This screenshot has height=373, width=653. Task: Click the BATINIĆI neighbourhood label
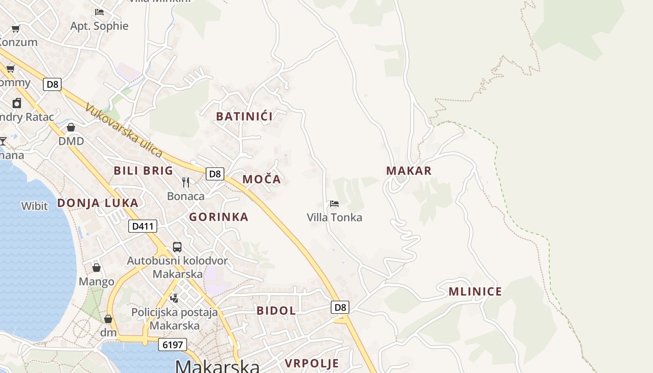point(244,116)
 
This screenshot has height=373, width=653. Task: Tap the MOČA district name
point(262,179)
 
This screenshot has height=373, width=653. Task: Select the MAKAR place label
point(409,171)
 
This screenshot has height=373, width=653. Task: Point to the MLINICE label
point(475,292)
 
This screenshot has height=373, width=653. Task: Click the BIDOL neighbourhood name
point(276,311)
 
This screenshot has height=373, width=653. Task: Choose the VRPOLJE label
point(312,363)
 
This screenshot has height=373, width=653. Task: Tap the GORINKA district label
point(219,217)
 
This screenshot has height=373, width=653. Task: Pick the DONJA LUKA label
point(98,203)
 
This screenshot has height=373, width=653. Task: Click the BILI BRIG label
point(144,171)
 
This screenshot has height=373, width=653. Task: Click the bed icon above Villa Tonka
point(334,204)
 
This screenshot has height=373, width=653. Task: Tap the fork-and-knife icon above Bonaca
point(186,182)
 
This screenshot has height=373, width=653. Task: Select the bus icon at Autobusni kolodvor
point(177,247)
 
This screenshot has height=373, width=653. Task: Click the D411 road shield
point(143,227)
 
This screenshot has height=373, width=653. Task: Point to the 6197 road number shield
point(173,345)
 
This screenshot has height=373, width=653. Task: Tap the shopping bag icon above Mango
point(97,268)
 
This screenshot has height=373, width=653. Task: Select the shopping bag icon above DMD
point(71,127)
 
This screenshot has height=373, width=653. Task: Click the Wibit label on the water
point(35,206)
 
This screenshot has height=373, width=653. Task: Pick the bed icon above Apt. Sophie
point(99,12)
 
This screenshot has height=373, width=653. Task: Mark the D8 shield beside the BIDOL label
point(340,307)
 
